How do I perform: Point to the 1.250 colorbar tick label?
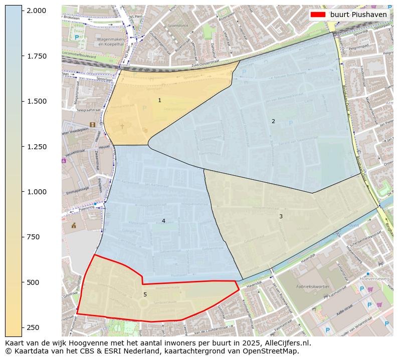click(x=36, y=147)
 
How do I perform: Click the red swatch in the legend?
click(x=318, y=15)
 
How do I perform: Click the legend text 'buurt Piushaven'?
click(x=358, y=15)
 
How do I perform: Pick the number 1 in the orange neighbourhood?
click(x=159, y=101)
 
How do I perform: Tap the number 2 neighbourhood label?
click(x=273, y=121)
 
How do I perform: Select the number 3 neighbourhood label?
click(x=281, y=216)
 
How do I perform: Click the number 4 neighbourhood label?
click(x=163, y=221)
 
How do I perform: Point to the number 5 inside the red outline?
click(x=145, y=294)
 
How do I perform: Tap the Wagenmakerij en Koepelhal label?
click(x=113, y=41)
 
